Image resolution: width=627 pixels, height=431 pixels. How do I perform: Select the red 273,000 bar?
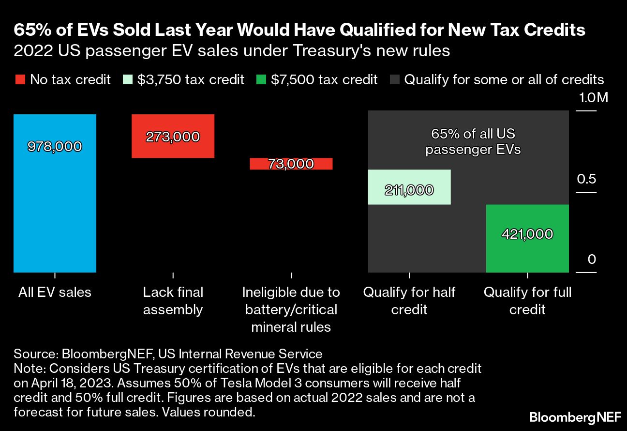point(173,136)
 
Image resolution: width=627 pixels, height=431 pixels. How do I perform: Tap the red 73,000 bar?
point(291,164)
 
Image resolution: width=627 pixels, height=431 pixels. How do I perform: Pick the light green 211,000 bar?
point(409,187)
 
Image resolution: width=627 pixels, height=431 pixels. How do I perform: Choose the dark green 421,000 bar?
point(527,238)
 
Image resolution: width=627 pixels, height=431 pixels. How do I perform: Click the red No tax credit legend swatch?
point(20,79)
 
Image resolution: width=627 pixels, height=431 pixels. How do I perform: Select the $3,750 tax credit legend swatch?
point(128,79)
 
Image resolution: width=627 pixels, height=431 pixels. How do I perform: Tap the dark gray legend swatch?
point(394,79)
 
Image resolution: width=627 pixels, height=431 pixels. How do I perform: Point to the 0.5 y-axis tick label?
point(586,179)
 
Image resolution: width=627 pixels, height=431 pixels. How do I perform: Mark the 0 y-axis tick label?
point(592,260)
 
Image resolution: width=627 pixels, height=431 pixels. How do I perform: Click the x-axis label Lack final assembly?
point(173,301)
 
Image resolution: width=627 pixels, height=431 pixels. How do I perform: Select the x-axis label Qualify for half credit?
point(409,301)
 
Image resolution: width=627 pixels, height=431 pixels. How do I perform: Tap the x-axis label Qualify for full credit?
point(527,301)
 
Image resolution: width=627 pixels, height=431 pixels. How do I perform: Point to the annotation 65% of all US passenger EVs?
point(473,141)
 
